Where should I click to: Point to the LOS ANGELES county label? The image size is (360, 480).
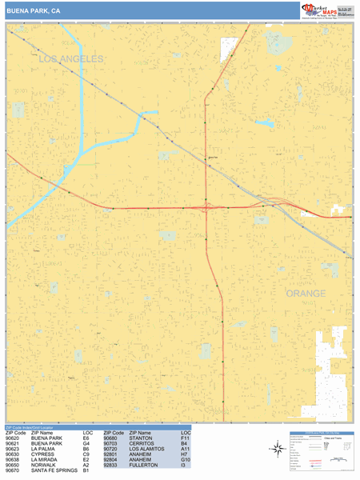[70, 59]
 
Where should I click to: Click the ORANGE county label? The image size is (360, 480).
[306, 294]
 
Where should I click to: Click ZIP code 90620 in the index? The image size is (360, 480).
[13, 438]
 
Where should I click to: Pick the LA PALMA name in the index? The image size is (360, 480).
[45, 449]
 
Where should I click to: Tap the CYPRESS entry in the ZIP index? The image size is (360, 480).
[44, 454]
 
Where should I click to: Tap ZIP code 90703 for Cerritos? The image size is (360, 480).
[111, 444]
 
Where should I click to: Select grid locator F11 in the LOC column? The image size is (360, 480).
[185, 438]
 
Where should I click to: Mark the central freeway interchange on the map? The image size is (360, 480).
[207, 207]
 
